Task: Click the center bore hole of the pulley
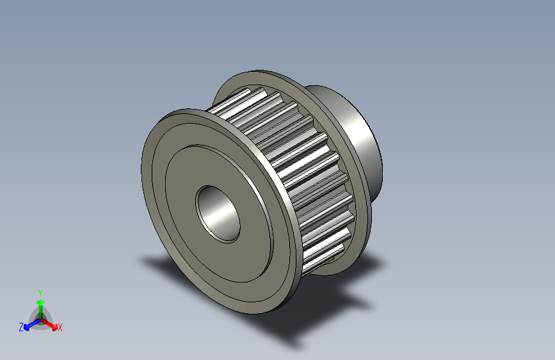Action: click(218, 214)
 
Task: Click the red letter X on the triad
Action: click(60, 328)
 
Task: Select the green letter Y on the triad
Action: click(40, 291)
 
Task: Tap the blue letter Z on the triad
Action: click(21, 327)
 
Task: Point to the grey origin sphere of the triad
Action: click(40, 318)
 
